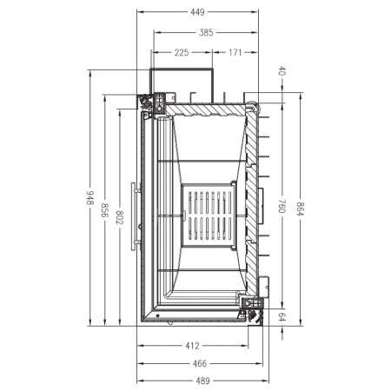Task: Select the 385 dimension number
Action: coord(205,33)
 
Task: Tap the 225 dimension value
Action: coord(181,53)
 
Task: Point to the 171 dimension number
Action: coord(235,53)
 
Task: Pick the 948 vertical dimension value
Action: coord(89,198)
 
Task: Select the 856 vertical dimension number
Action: coord(104,211)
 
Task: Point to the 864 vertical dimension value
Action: coord(298,209)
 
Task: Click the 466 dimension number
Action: coord(199,363)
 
